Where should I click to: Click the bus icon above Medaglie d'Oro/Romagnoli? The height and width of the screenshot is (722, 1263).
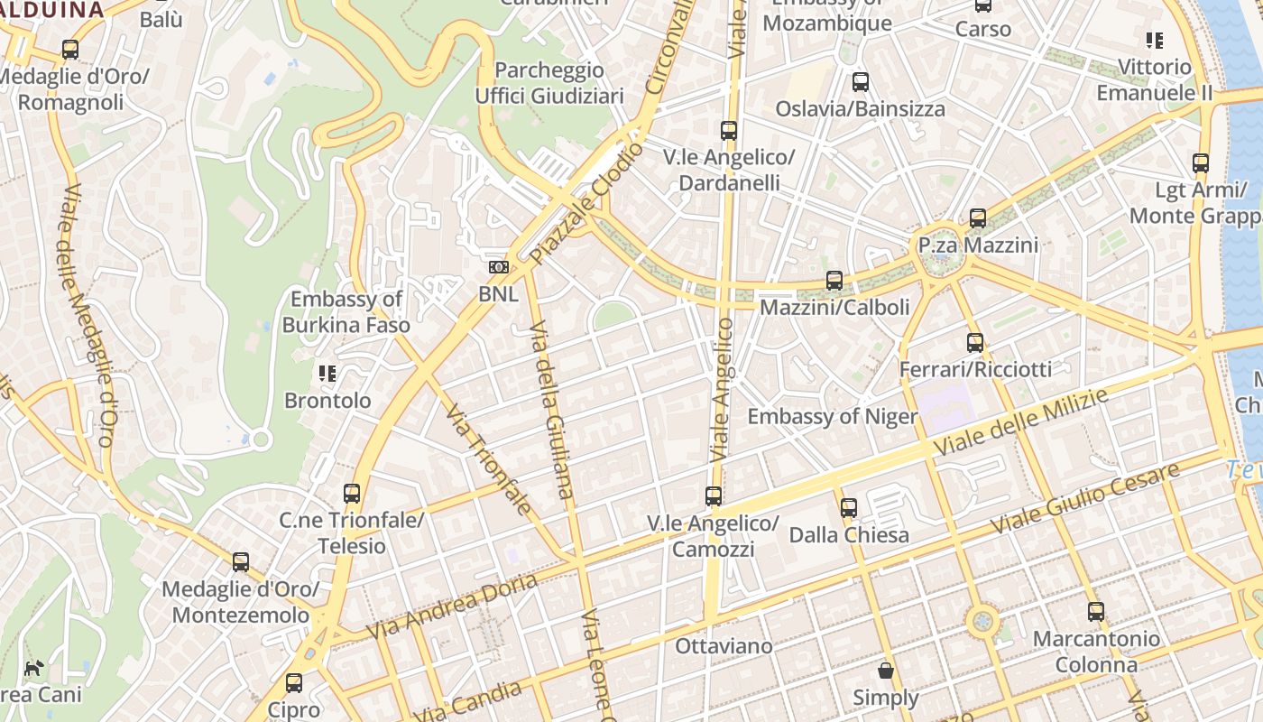(x=69, y=50)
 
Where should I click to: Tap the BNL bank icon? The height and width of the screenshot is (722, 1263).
(x=499, y=267)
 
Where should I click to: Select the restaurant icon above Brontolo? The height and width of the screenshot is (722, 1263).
(x=327, y=374)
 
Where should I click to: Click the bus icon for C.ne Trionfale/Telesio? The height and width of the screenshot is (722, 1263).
(x=352, y=494)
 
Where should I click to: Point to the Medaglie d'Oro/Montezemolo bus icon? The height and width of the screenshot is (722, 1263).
(x=240, y=562)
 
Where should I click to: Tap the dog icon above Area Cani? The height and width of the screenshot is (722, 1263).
(x=33, y=669)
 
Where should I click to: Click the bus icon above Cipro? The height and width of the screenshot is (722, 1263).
(x=294, y=683)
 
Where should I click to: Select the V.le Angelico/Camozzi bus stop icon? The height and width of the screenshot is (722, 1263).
(x=714, y=496)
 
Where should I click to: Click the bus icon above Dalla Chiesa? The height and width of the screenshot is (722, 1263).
(x=849, y=508)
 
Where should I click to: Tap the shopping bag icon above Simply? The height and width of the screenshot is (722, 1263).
(x=886, y=671)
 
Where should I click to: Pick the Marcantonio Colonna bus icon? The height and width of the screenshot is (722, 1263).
(x=1096, y=612)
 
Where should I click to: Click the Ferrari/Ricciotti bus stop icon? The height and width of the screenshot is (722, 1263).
(x=975, y=343)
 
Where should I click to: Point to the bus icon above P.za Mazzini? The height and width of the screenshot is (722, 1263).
(x=978, y=218)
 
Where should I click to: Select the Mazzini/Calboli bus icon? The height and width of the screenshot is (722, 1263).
(x=834, y=281)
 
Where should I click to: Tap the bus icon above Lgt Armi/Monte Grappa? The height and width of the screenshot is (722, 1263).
(x=1201, y=163)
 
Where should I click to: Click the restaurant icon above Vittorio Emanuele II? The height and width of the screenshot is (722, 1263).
(x=1154, y=41)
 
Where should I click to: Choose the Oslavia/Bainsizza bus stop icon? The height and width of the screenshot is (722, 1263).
(x=861, y=82)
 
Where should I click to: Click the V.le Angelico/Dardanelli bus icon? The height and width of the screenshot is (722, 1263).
(x=729, y=131)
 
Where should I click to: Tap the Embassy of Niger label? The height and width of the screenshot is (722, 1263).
(x=832, y=416)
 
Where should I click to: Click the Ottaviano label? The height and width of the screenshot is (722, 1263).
(x=724, y=646)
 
